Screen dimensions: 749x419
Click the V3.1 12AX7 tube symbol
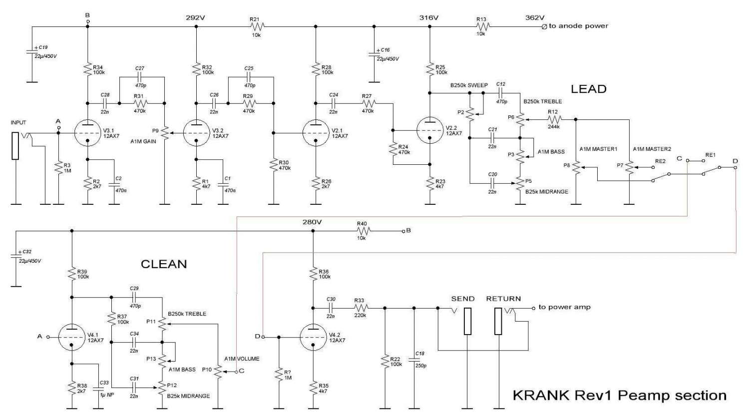click(87, 133)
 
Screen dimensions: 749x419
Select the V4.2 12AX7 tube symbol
click(313, 338)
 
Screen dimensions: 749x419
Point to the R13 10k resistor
click(483, 26)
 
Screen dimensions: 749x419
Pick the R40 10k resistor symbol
click(363, 231)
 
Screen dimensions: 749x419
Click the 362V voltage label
click(535, 17)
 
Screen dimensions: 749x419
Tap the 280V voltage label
click(312, 222)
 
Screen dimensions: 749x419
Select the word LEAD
click(589, 89)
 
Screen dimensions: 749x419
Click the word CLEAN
click(164, 264)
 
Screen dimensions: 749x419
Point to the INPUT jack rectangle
click(15, 146)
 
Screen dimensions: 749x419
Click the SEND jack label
click(463, 299)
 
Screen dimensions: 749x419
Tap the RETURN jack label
click(503, 299)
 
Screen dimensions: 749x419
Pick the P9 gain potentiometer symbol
click(164, 133)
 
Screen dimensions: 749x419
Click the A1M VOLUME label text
click(242, 359)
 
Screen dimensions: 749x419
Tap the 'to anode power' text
click(578, 26)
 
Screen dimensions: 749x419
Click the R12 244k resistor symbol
click(554, 119)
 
